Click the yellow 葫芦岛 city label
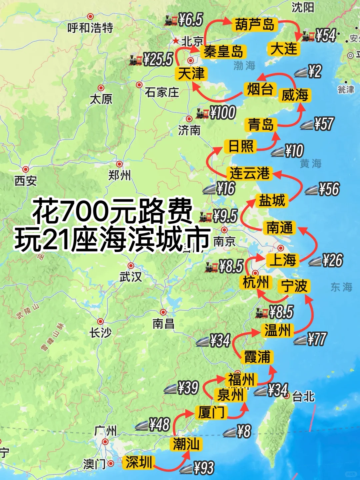[254, 25]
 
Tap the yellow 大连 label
[284, 49]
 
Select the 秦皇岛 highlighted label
[223, 52]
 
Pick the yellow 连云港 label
[249, 173]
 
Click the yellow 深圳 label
[138, 462]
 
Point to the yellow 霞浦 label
[257, 357]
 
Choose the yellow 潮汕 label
[186, 444]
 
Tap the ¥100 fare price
[223, 112]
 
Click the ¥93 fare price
[203, 468]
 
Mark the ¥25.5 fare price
[158, 59]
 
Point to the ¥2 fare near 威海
[315, 71]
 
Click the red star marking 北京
[175, 41]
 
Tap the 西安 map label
[25, 181]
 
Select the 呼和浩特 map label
[90, 28]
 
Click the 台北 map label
[303, 397]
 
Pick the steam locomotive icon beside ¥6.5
[171, 21]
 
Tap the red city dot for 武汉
[131, 266]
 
